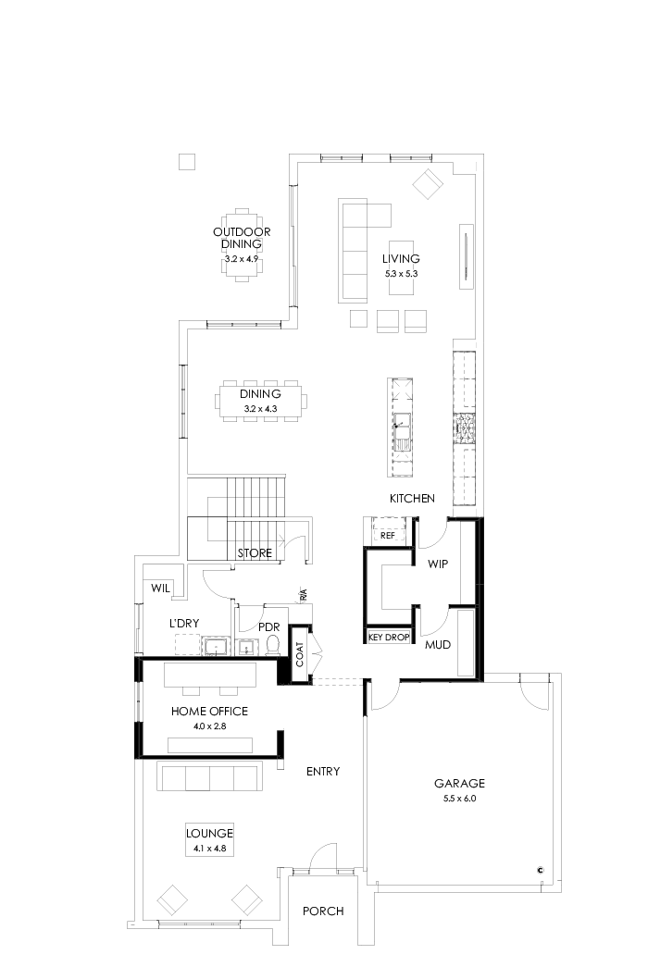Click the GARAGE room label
(459, 783)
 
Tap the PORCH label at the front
(323, 911)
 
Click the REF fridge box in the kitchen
(388, 535)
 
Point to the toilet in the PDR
(272, 648)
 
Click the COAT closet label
(301, 655)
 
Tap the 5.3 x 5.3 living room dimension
(402, 274)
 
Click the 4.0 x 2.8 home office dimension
(209, 726)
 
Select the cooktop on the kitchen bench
(463, 427)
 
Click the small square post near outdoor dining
(187, 162)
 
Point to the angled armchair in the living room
(428, 183)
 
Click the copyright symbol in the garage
(540, 869)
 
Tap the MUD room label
(438, 644)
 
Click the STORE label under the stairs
(255, 553)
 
